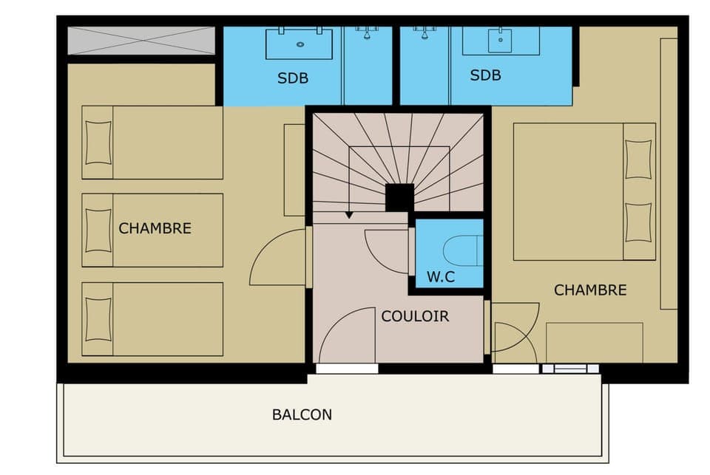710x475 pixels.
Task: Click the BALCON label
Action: click(302, 414)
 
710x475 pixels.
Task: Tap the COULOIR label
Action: click(415, 316)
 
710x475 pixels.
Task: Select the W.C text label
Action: click(441, 278)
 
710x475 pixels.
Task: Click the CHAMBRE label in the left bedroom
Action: click(155, 228)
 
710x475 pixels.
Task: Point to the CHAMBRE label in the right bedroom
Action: click(589, 290)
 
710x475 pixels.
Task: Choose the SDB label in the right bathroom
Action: click(485, 75)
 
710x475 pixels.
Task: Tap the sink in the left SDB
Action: click(300, 43)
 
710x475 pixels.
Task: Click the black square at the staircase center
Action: click(399, 197)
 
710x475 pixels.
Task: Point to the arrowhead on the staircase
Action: click(349, 215)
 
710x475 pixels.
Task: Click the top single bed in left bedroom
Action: click(152, 143)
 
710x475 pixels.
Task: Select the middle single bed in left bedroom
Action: click(152, 230)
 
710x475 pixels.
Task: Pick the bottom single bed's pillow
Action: click(98, 319)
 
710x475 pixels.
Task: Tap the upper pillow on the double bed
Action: click(638, 159)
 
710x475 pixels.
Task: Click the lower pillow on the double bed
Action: click(638, 222)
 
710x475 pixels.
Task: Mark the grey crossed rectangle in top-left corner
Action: click(141, 41)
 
